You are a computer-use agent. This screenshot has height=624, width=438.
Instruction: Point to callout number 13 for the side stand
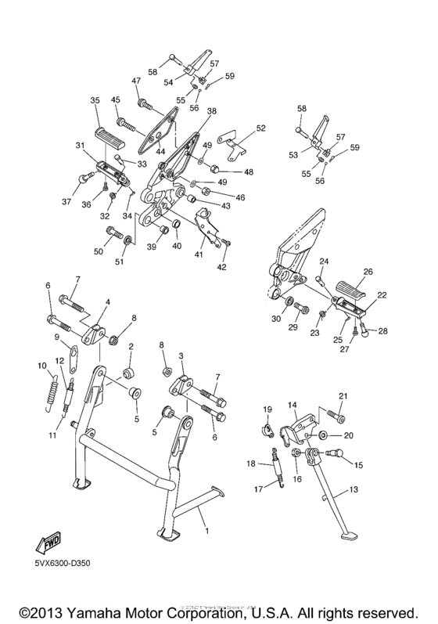tap(354, 489)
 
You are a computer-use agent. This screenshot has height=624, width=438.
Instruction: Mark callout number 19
tap(267, 409)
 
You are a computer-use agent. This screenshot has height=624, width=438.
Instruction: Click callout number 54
tap(167, 82)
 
